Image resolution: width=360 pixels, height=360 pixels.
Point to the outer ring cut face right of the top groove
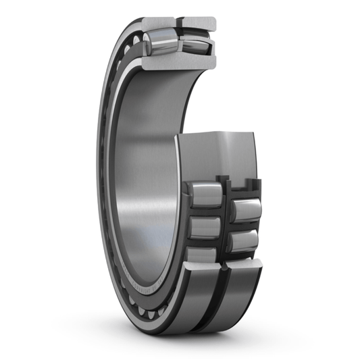pos(199,23)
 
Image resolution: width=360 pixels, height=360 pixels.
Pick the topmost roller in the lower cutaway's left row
pos(205,195)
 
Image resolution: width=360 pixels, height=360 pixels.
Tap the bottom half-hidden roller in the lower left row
pos(202,253)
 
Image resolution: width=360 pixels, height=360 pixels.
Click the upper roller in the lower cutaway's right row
pos(247,210)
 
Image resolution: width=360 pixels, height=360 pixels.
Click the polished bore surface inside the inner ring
pos(142,169)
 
